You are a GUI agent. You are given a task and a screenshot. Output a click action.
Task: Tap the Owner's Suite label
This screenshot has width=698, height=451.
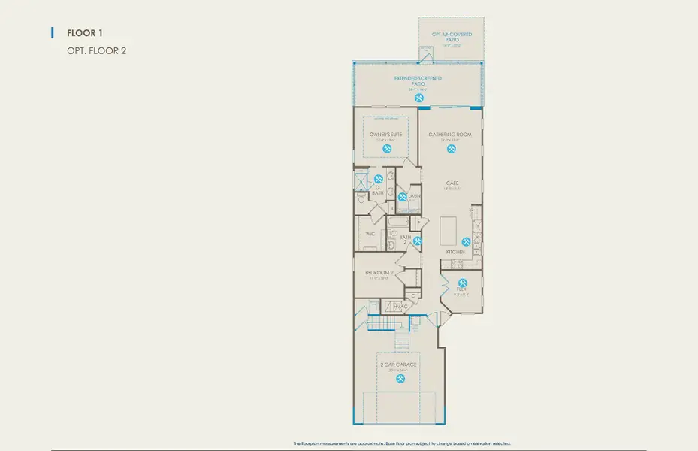point(385,135)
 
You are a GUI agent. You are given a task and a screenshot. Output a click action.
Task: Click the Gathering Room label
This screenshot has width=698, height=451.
point(450,135)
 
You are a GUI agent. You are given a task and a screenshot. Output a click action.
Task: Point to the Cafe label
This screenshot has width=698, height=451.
point(452,183)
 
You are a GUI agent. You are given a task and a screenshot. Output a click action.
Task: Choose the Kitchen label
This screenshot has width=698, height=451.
point(455,252)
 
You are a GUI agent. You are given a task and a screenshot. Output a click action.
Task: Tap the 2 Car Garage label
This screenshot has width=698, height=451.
point(399,365)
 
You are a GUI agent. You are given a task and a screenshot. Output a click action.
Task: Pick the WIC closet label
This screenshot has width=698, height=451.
point(370,234)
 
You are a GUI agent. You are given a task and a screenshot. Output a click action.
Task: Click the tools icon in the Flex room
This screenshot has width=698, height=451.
point(462,284)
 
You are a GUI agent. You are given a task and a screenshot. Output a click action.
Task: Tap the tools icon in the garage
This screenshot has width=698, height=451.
point(399,379)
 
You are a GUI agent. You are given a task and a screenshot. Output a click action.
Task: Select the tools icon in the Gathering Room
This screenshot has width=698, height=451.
point(451,148)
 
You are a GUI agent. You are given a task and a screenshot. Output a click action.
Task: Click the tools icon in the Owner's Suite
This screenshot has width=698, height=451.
point(387,148)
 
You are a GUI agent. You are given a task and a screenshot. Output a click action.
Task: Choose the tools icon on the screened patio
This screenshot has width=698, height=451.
point(419,98)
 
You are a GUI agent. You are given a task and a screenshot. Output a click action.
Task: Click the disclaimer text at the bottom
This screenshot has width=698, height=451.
point(401,444)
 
